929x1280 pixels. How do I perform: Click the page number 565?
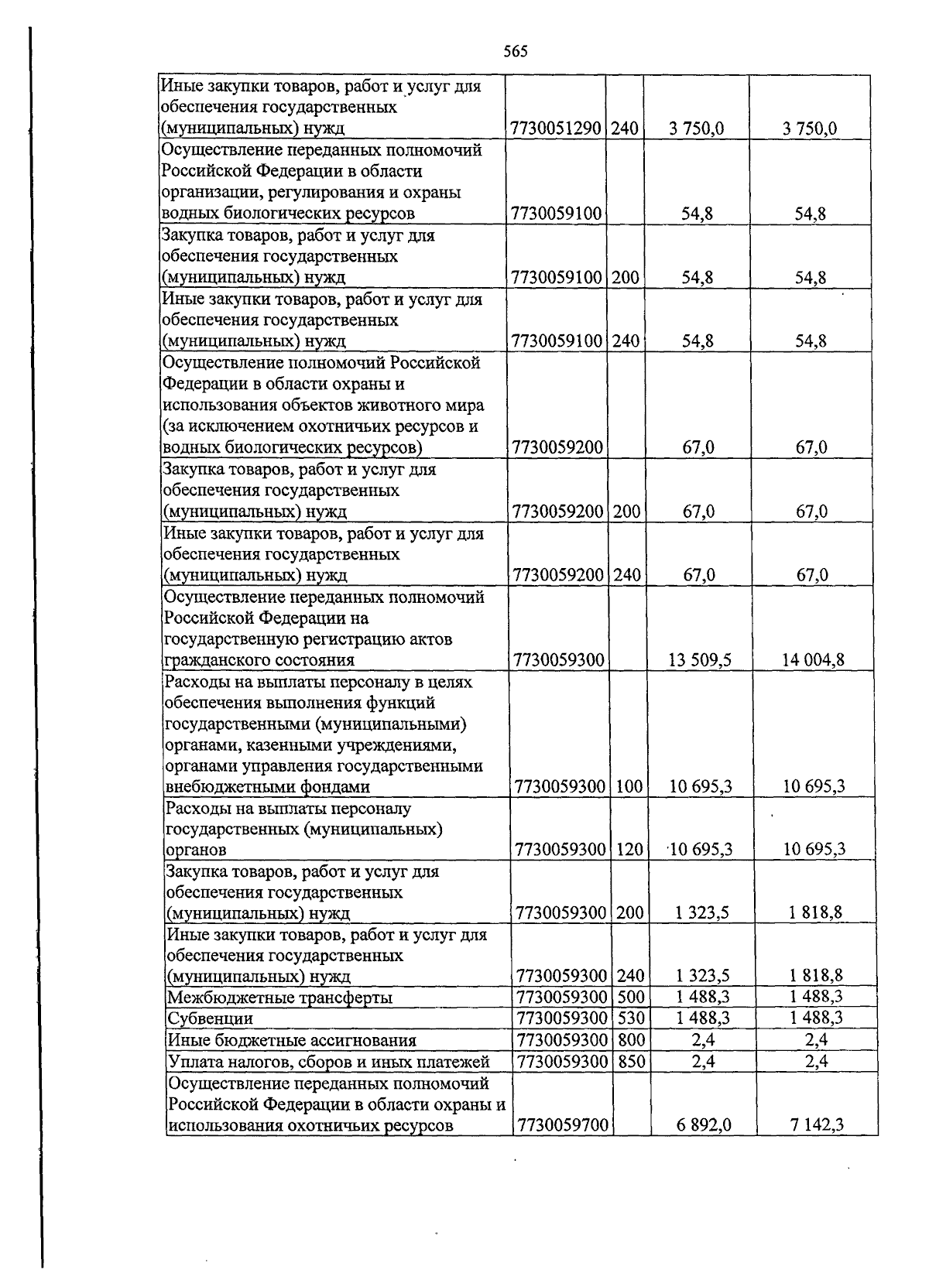[x=515, y=52]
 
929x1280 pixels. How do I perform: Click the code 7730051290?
[x=557, y=128]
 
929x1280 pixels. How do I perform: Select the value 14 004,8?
[x=813, y=660]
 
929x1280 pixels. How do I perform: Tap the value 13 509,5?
[x=699, y=660]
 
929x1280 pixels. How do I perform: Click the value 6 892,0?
[x=703, y=1124]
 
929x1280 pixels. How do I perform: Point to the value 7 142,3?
[x=817, y=1124]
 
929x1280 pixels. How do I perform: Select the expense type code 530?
[x=631, y=1018]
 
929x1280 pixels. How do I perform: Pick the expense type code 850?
[x=631, y=1061]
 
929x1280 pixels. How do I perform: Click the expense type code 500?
[x=631, y=997]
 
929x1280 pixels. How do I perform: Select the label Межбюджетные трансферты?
[x=279, y=998]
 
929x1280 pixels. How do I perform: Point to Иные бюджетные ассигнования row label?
[x=292, y=1040]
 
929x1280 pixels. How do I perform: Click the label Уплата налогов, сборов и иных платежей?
[x=329, y=1062]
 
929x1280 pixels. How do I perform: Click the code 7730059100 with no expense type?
[x=557, y=214]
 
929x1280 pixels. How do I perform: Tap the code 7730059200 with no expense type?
[x=557, y=447]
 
